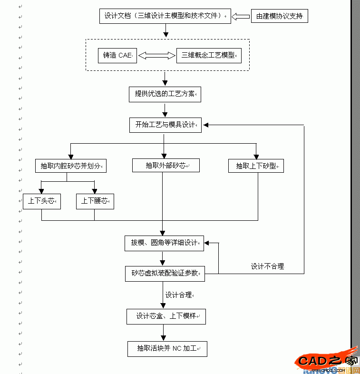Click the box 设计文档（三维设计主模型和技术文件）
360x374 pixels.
click(x=165, y=16)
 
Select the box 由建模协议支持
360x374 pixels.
click(x=279, y=16)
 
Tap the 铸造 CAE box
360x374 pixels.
click(x=117, y=55)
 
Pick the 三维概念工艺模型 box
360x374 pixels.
click(x=208, y=55)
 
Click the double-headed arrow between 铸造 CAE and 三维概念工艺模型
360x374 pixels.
click(x=157, y=56)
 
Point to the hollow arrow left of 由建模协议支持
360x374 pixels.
click(x=241, y=17)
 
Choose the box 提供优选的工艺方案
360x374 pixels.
click(x=165, y=94)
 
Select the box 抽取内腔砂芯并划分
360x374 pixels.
click(x=70, y=166)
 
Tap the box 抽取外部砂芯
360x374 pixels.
click(x=166, y=166)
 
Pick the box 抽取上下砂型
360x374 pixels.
click(x=256, y=166)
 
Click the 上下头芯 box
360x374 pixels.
click(x=42, y=201)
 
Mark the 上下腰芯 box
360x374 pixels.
click(x=95, y=201)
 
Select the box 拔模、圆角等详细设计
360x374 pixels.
click(x=164, y=243)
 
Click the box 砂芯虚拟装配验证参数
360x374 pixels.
click(x=165, y=274)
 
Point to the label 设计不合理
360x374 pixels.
click(x=267, y=266)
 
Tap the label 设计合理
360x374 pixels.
click(x=179, y=295)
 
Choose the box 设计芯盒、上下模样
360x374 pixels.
click(x=166, y=316)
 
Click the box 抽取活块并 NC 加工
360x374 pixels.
click(x=167, y=349)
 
